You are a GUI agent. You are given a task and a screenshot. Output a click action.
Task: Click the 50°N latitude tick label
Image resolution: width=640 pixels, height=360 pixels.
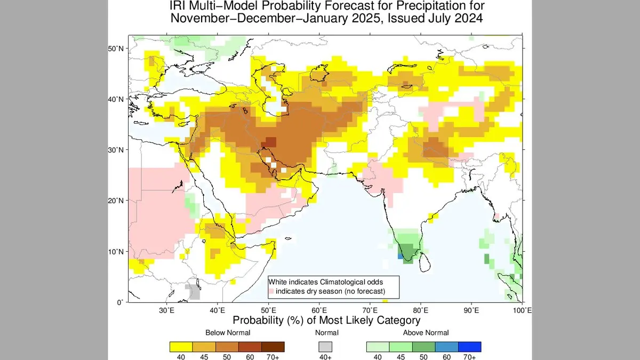pos(116,49)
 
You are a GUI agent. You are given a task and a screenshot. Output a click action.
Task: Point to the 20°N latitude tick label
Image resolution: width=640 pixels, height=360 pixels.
pos(116,201)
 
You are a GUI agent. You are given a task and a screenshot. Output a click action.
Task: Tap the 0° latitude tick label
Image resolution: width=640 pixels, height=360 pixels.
pos(121,302)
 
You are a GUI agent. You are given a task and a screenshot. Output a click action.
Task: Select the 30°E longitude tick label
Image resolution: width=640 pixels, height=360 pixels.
pos(167,310)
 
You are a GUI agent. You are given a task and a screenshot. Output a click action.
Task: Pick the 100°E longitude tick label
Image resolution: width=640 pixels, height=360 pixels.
pos(522,310)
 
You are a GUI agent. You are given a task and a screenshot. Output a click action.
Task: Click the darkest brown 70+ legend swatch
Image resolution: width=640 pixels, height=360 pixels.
pos(273,347)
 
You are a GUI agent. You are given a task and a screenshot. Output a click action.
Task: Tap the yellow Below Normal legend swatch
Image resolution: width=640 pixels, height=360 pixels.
pos(181,347)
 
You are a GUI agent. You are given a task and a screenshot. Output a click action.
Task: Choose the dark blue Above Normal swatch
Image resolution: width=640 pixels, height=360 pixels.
pos(469,347)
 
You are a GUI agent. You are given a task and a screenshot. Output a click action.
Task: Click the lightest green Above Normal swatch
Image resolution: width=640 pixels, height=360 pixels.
pos(378,347)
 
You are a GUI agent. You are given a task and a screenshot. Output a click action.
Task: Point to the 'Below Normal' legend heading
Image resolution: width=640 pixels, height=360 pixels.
pos(227,333)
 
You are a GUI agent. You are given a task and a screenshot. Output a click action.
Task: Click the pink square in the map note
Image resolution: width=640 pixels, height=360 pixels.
pos(271,291)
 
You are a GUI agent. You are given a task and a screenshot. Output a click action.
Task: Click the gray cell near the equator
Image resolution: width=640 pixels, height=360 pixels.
pos(193,292)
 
